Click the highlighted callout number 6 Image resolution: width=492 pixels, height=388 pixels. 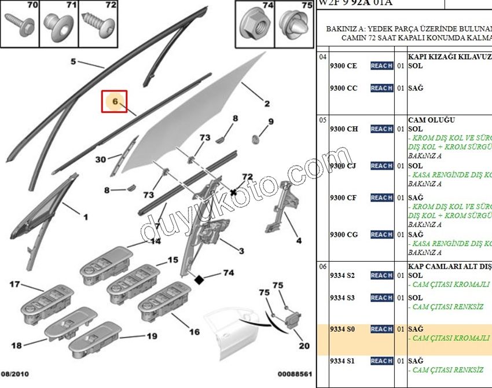tap(115, 102)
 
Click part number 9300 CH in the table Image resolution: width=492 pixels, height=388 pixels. tap(343, 129)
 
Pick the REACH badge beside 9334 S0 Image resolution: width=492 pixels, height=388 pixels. tap(381, 329)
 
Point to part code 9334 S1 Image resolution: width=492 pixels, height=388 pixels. tap(342, 361)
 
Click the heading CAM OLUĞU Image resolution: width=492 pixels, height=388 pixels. tap(431, 120)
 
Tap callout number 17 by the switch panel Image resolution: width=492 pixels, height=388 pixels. tap(14, 284)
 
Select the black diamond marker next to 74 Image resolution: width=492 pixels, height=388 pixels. tap(199, 280)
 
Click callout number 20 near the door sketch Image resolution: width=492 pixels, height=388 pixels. tap(304, 346)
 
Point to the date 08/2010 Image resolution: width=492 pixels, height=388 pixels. tap(15, 375)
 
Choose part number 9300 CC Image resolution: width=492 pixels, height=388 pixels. tap(343, 88)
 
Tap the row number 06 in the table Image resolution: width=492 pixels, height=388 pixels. tap(323, 266)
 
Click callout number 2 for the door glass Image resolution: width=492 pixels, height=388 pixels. tap(267, 104)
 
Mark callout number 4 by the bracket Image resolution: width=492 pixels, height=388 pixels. tap(299, 240)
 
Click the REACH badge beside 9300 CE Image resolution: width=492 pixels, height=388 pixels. tap(381, 66)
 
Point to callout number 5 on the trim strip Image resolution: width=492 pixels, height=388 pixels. tap(74, 61)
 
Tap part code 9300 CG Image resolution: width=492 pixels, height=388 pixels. tap(343, 235)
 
